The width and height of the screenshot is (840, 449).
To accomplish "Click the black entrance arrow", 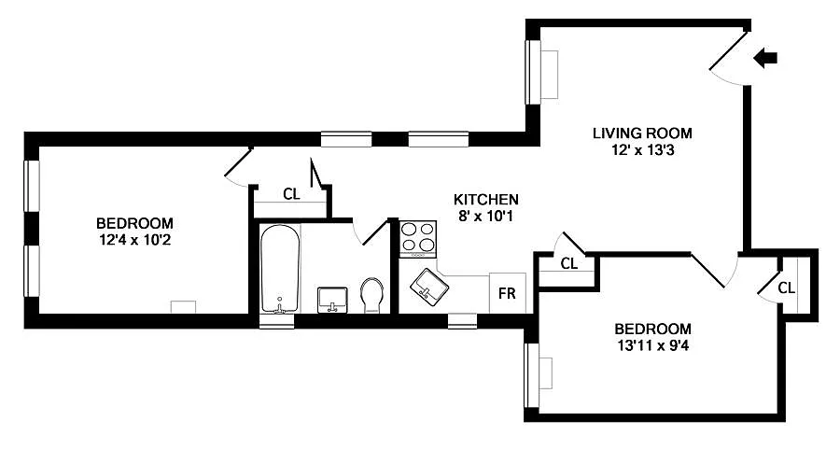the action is click(x=764, y=59).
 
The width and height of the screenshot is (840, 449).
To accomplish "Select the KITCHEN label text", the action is click(x=485, y=200).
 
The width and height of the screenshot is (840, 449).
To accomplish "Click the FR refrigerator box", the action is click(x=508, y=293).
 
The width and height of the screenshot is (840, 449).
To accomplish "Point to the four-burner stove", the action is click(x=418, y=238).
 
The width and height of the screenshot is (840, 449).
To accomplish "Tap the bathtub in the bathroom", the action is click(x=279, y=269).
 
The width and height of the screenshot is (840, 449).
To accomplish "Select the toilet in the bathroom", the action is click(x=371, y=296).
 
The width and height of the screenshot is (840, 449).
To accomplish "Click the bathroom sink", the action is click(x=332, y=299).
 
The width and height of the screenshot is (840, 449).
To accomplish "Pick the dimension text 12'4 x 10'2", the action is click(x=134, y=239).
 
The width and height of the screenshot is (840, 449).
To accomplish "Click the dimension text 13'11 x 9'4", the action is click(x=652, y=344).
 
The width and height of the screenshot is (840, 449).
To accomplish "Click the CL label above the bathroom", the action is click(x=291, y=195).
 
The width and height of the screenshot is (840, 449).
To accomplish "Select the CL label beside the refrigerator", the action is click(x=569, y=263).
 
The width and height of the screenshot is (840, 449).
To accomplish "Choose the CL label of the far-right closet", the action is click(x=786, y=288).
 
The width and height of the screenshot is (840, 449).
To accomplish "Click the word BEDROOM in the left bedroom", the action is click(x=134, y=223).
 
